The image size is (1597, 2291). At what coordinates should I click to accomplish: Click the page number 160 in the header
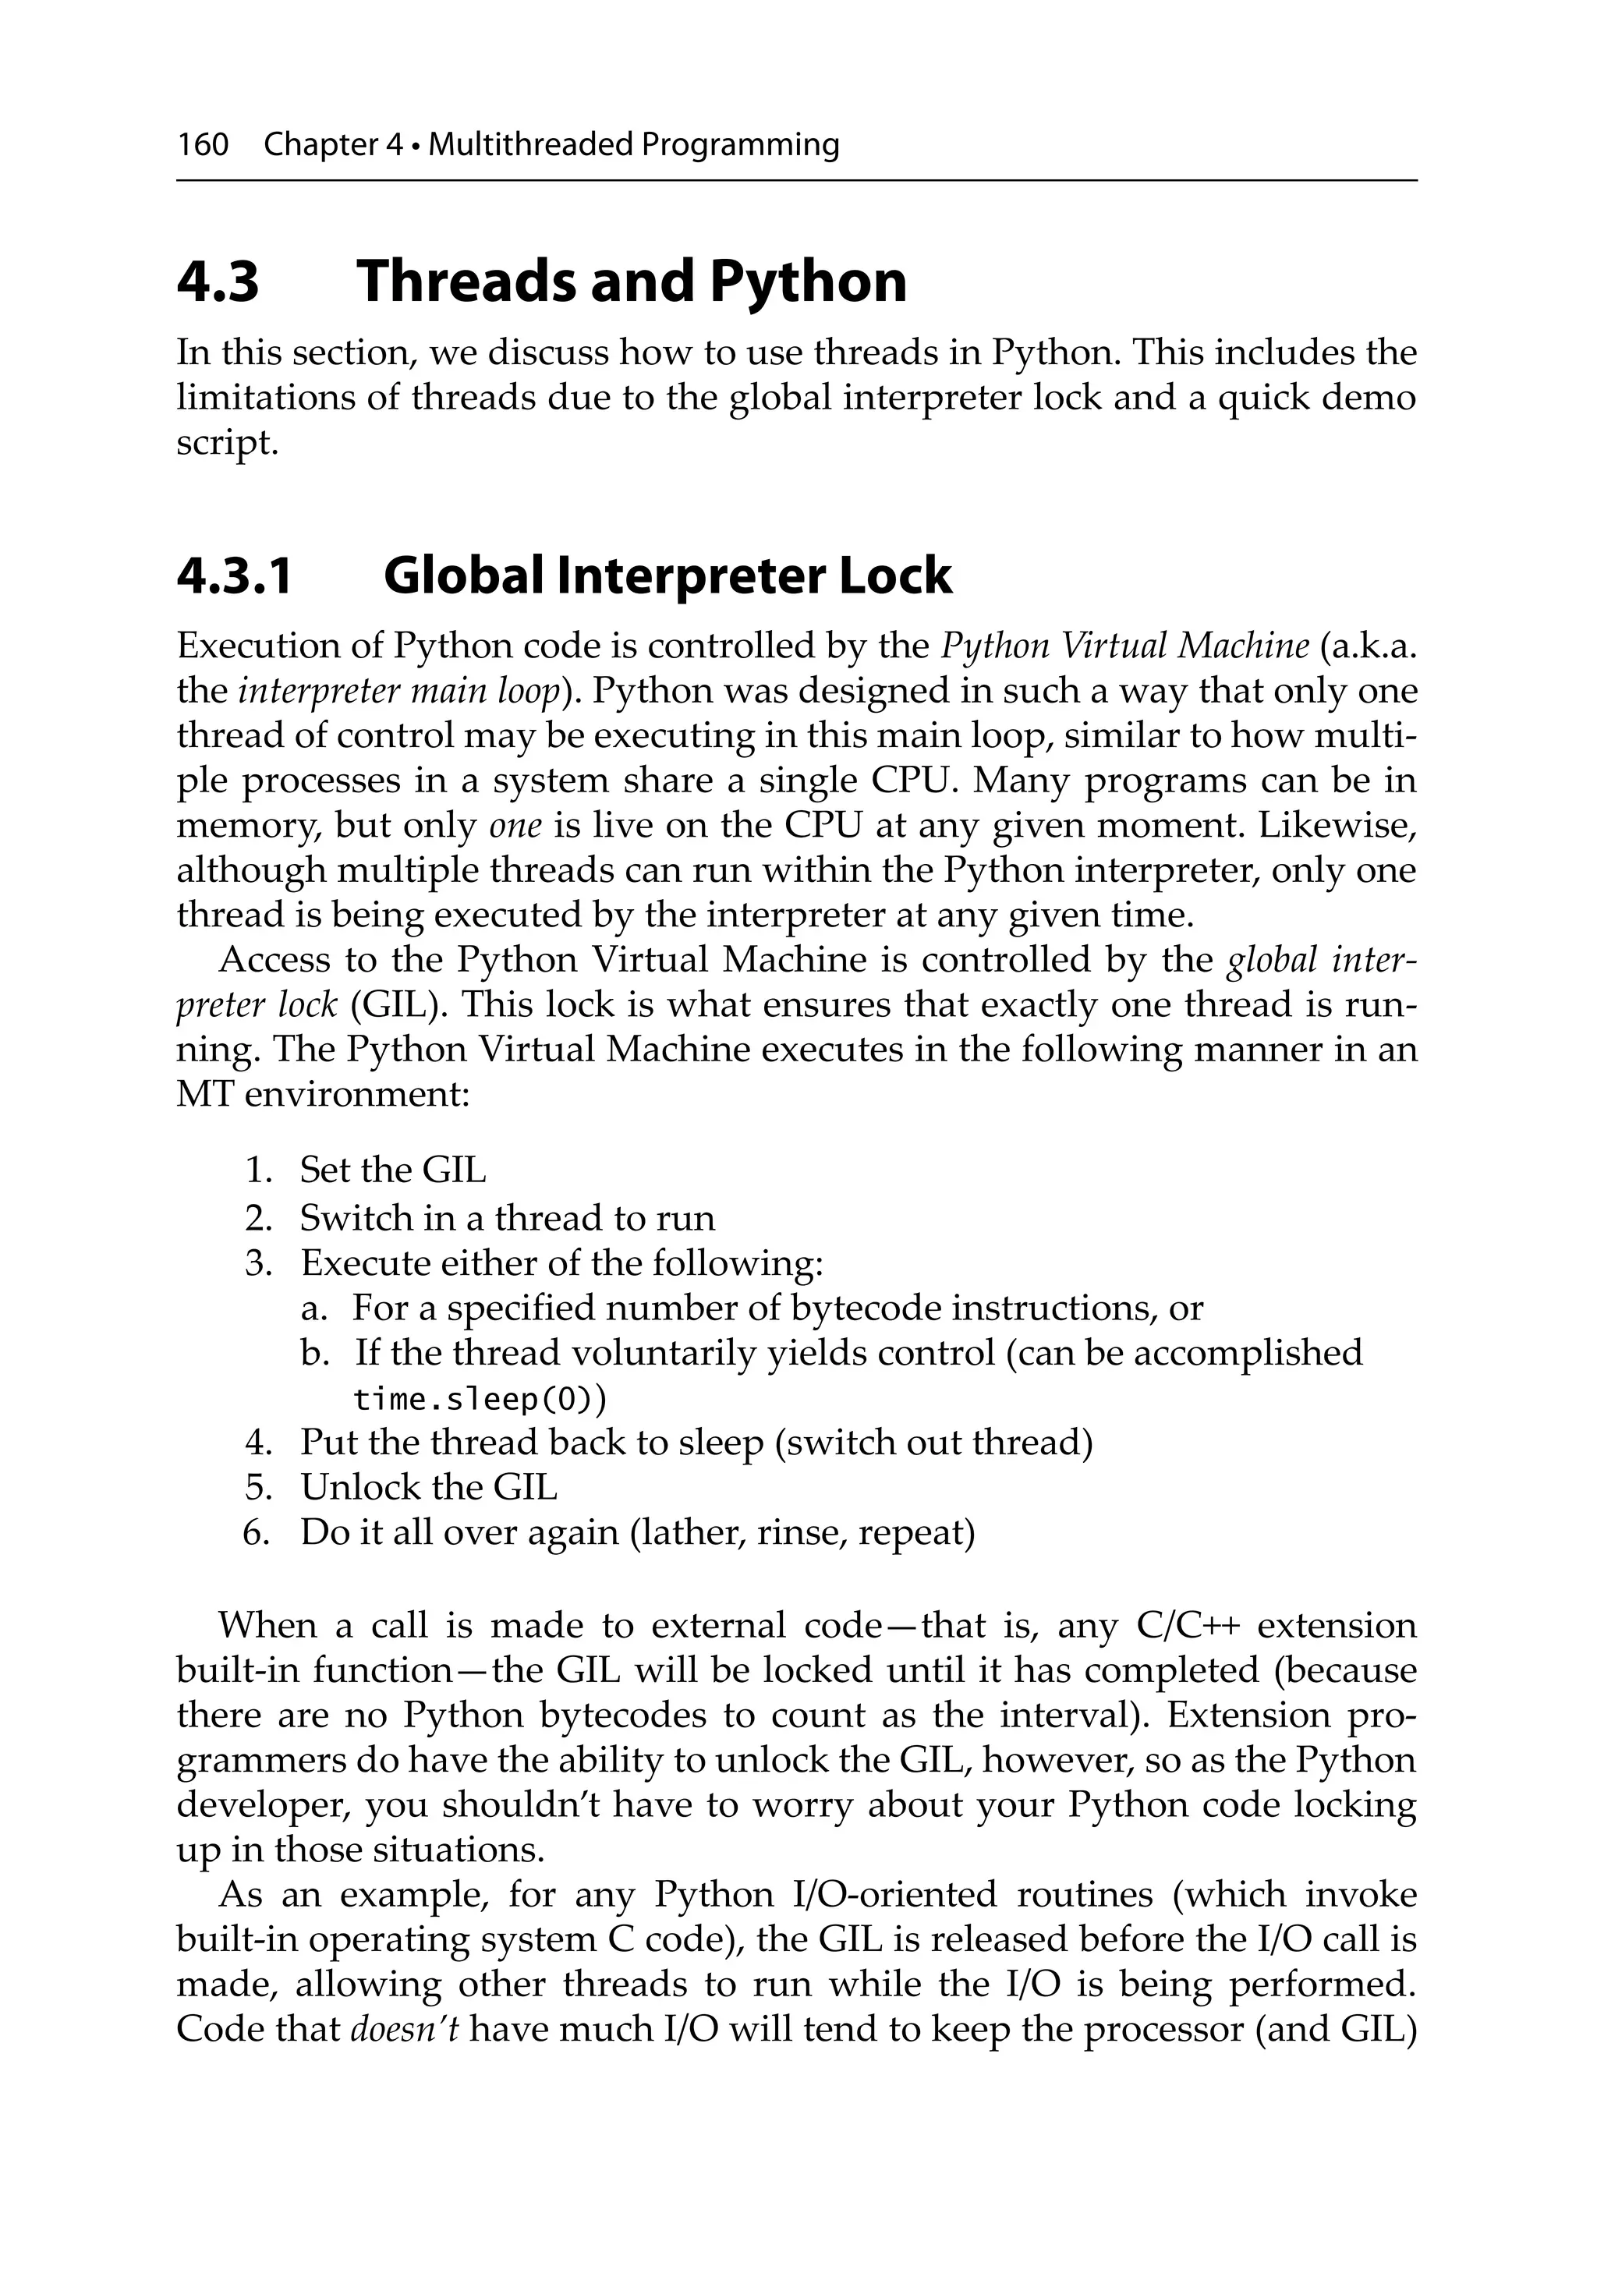point(203,146)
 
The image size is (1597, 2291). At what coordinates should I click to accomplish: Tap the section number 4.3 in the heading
point(218,282)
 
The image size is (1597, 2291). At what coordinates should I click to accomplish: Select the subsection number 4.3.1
point(235,577)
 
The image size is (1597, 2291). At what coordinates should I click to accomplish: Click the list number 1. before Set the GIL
point(259,1170)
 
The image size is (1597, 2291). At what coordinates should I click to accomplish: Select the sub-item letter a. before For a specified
point(314,1308)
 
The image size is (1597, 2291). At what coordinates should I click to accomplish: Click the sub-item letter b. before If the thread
point(315,1354)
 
